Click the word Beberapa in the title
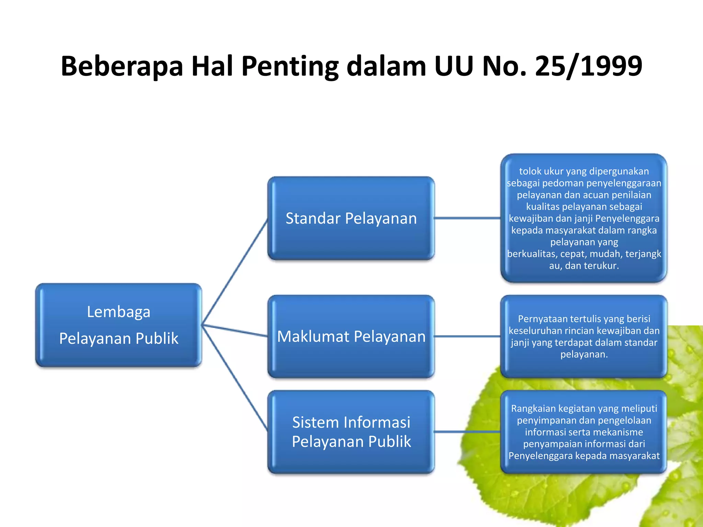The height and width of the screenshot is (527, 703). point(122,66)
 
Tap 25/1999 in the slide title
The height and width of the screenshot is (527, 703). point(588,66)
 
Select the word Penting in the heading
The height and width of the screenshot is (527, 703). point(290,66)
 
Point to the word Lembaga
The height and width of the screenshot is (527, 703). point(118,312)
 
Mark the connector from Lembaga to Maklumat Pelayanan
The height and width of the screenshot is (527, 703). point(235,330)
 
